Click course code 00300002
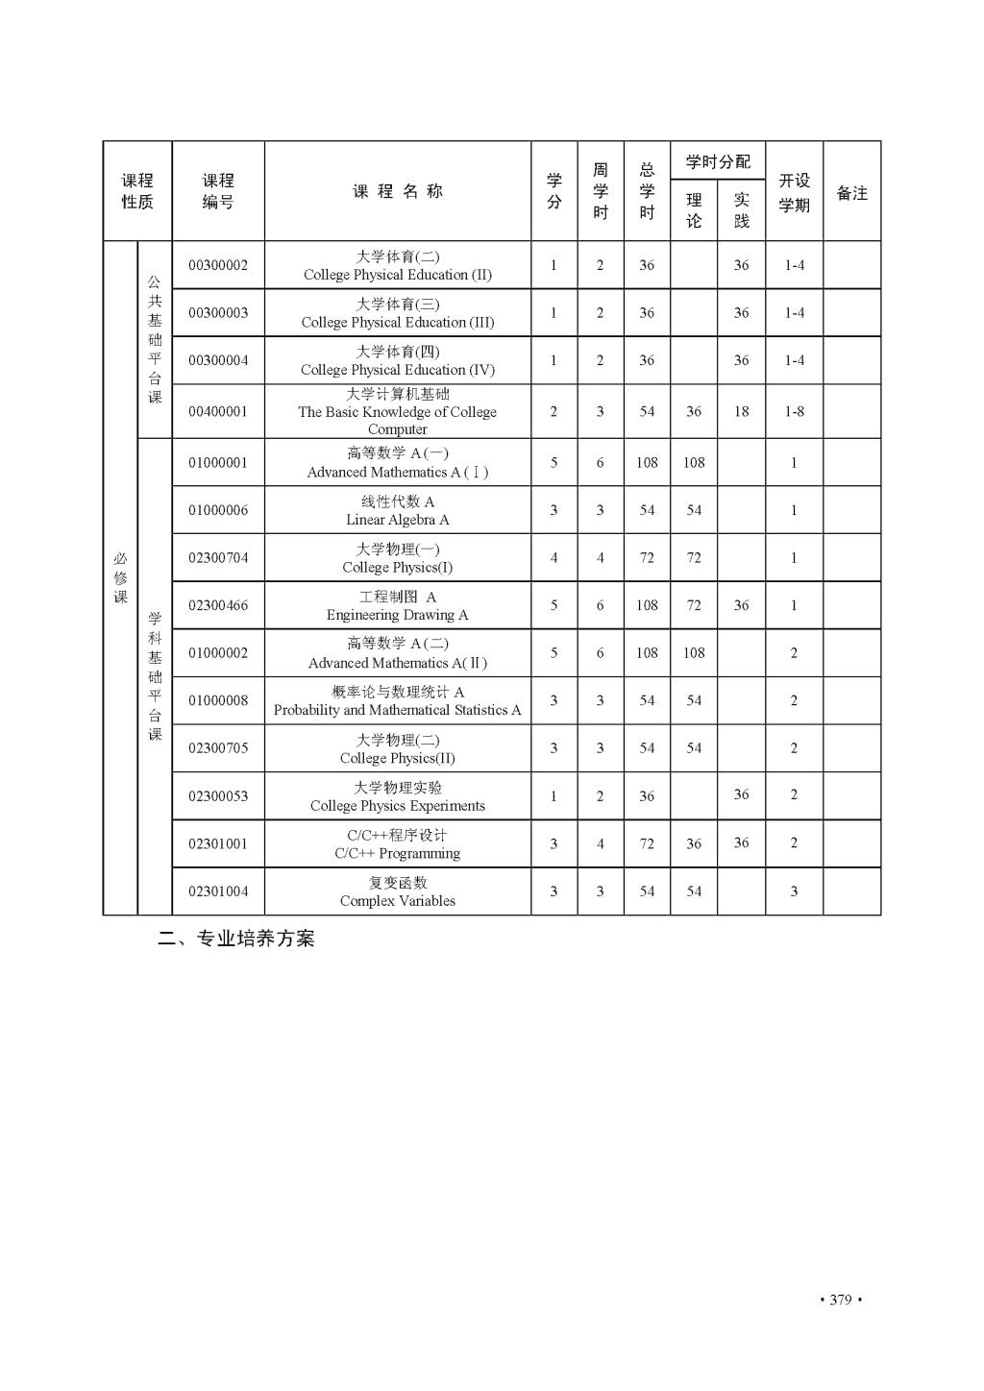click(x=218, y=265)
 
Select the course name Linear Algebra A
click(x=397, y=511)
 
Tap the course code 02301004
click(x=218, y=891)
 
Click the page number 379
click(x=840, y=1300)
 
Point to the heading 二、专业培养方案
click(x=236, y=939)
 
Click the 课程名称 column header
click(x=397, y=191)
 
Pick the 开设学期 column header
click(x=794, y=192)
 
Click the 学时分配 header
click(x=718, y=161)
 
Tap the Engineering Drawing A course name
click(x=397, y=606)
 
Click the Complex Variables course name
click(x=397, y=891)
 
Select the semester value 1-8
click(x=794, y=411)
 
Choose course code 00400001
click(x=218, y=411)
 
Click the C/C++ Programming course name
click(x=397, y=844)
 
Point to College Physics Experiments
click(x=397, y=796)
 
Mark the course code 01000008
click(x=218, y=700)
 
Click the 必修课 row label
click(x=120, y=577)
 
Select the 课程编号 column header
click(x=218, y=191)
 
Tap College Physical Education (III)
click(x=397, y=313)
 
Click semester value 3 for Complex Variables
click(x=794, y=891)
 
